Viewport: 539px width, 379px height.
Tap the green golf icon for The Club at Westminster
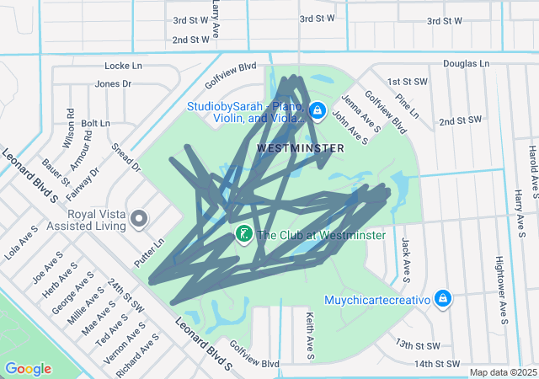(x=243, y=234)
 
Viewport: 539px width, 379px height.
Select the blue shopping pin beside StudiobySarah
(x=318, y=110)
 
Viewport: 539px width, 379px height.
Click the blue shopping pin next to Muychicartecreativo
(x=443, y=299)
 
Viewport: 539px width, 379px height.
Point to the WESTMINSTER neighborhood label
(x=300, y=147)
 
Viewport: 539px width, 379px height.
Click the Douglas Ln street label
(x=466, y=63)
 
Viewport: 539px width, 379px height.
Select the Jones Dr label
(x=113, y=83)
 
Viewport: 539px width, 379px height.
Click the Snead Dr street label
(x=125, y=157)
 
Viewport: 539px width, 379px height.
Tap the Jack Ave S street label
(x=405, y=259)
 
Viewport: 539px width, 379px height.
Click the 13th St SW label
(x=419, y=345)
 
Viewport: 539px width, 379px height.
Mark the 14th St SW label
(x=438, y=364)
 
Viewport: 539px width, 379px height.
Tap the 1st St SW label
(x=408, y=82)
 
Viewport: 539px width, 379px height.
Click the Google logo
(x=28, y=369)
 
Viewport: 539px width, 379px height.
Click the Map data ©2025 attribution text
(x=502, y=372)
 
